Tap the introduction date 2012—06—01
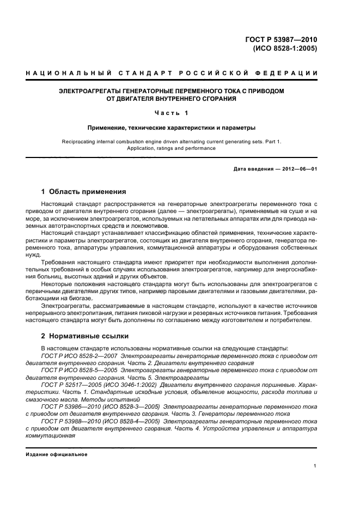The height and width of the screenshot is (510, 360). click(298, 169)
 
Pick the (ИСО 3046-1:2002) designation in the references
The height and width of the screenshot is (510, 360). click(129, 385)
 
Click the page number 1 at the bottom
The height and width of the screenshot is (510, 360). click(315, 466)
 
